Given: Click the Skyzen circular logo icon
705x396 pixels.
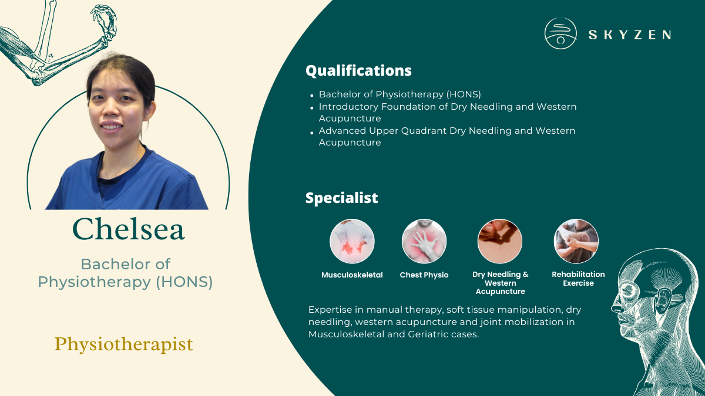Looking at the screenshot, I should pos(560,33).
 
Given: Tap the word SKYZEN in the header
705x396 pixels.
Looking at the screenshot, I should pos(630,35).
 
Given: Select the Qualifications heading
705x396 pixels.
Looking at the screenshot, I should pos(358,71).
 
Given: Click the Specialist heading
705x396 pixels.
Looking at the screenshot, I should pos(341,198).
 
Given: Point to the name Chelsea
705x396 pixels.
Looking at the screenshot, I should pos(128,229).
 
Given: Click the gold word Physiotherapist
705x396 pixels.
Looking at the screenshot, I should pos(123,344).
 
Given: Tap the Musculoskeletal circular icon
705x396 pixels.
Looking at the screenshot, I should pos(352,241).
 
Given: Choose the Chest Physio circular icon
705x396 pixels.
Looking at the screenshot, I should pos(424,241).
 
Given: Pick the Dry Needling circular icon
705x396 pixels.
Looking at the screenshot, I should pos(500,241).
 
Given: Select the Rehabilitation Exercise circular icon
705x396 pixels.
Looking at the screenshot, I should pos(576,241).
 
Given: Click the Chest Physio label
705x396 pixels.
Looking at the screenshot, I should pos(424,275).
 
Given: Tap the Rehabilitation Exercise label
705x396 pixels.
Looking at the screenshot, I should pos(578,279).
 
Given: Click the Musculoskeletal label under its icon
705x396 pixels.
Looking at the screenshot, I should pos(352,275).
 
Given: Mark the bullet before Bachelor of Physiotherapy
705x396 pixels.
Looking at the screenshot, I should pos(312,95).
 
